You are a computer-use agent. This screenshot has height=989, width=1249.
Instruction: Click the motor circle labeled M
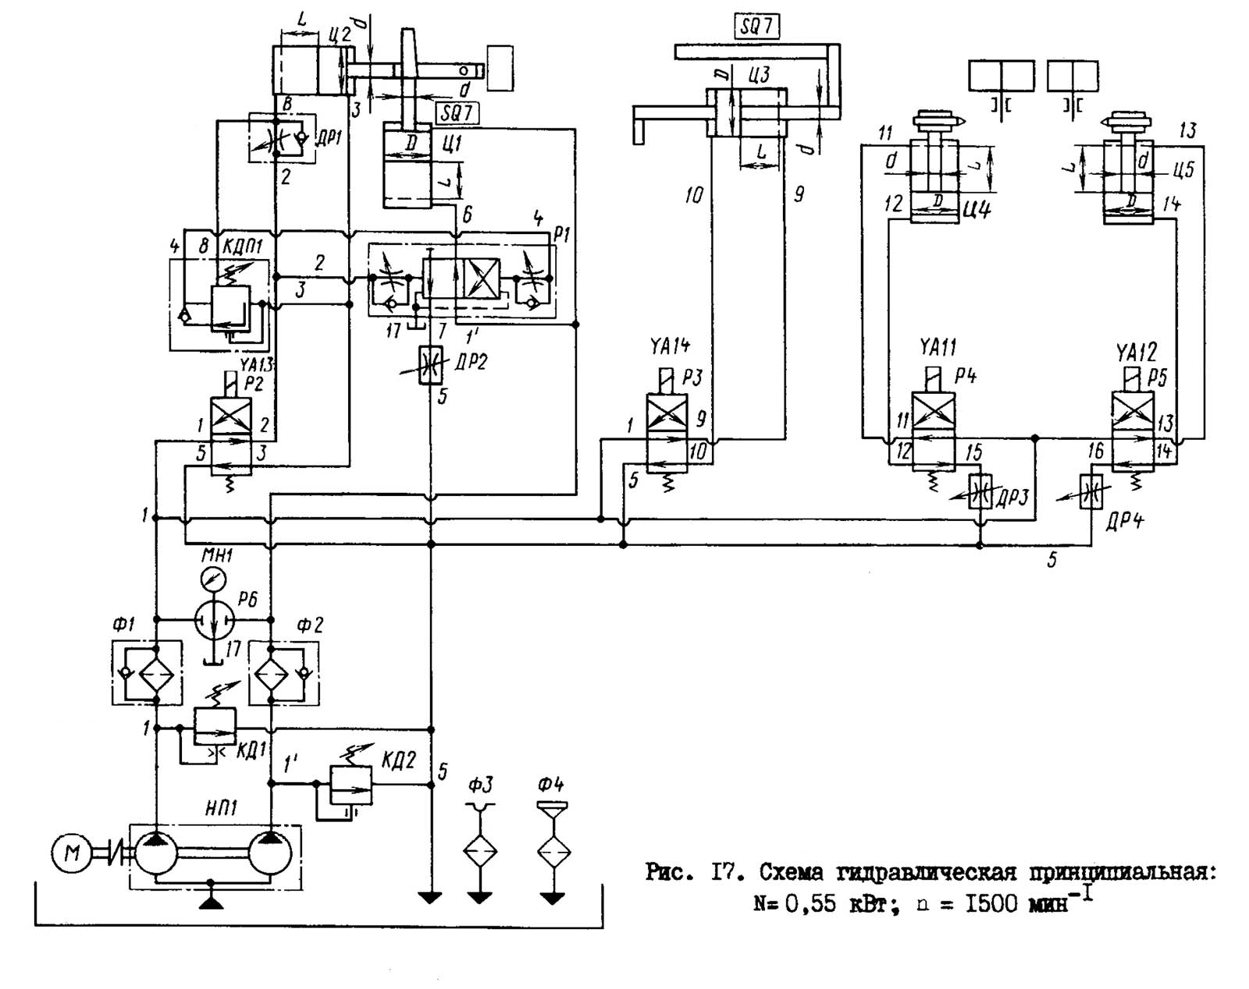(x=71, y=853)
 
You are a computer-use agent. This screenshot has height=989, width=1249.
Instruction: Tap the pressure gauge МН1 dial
(x=212, y=579)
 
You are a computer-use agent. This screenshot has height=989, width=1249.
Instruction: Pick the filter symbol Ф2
(x=270, y=672)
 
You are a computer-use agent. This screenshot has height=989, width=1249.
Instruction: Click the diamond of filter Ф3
(x=480, y=850)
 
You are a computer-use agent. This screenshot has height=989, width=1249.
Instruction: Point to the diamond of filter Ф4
(x=553, y=850)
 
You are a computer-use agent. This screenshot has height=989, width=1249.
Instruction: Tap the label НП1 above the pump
(x=221, y=808)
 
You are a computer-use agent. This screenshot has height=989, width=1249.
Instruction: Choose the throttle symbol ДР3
(x=980, y=492)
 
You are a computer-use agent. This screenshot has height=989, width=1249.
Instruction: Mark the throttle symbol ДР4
(x=1091, y=492)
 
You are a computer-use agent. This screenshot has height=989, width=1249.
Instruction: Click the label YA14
(x=670, y=346)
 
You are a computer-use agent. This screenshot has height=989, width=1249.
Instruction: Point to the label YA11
(x=938, y=346)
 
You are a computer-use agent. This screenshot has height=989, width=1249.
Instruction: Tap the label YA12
(x=1137, y=352)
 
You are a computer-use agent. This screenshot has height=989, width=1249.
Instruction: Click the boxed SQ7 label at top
(x=756, y=27)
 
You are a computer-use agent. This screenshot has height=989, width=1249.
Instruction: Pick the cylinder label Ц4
(x=977, y=209)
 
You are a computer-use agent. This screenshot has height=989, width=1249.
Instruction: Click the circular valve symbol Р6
(x=214, y=619)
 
